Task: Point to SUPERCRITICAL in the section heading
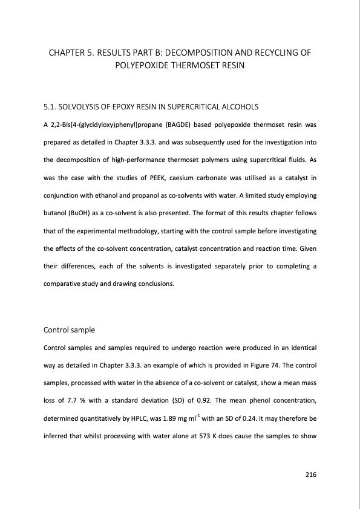click(195, 107)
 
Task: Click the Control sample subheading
click(70, 330)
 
